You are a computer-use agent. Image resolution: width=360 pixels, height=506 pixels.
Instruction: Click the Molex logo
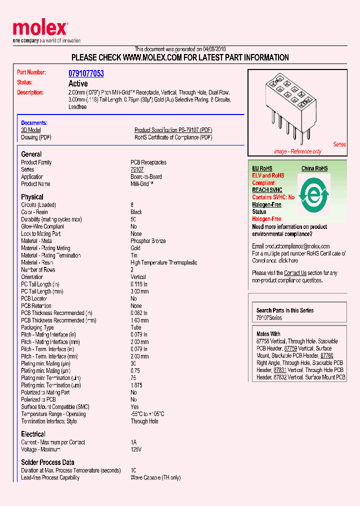coord(40,29)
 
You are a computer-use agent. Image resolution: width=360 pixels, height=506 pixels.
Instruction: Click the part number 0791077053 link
coord(86,73)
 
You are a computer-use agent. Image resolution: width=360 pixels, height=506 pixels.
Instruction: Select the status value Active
coord(78,84)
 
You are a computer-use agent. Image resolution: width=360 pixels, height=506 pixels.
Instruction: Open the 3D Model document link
coord(30,130)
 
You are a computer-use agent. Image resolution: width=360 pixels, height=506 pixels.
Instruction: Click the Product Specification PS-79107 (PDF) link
coord(173,130)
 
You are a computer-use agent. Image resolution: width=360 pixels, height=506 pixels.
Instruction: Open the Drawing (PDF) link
coord(36,137)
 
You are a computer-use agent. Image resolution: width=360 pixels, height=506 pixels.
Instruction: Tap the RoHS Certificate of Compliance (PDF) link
coord(173,137)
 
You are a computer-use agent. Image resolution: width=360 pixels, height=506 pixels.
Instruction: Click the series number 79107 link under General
coord(137,170)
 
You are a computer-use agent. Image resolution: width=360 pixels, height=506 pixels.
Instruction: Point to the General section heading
coord(31,154)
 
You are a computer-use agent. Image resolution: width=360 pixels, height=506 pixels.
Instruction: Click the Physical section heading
coord(32,197)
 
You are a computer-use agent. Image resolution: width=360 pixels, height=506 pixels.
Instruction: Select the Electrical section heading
coord(33,434)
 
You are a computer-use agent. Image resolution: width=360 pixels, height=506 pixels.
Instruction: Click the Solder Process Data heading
coord(47,462)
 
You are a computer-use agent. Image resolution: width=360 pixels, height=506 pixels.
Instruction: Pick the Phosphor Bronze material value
coord(148,241)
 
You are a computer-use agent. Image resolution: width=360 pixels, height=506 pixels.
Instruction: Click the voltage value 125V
coord(136,449)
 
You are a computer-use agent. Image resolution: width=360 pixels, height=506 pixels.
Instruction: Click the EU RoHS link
coord(262,169)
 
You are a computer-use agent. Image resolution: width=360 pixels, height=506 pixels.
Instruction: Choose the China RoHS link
coord(314,169)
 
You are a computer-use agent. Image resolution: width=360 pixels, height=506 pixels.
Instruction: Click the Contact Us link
coord(295,273)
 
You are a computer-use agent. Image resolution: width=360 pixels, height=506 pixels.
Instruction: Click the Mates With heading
coord(268,334)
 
